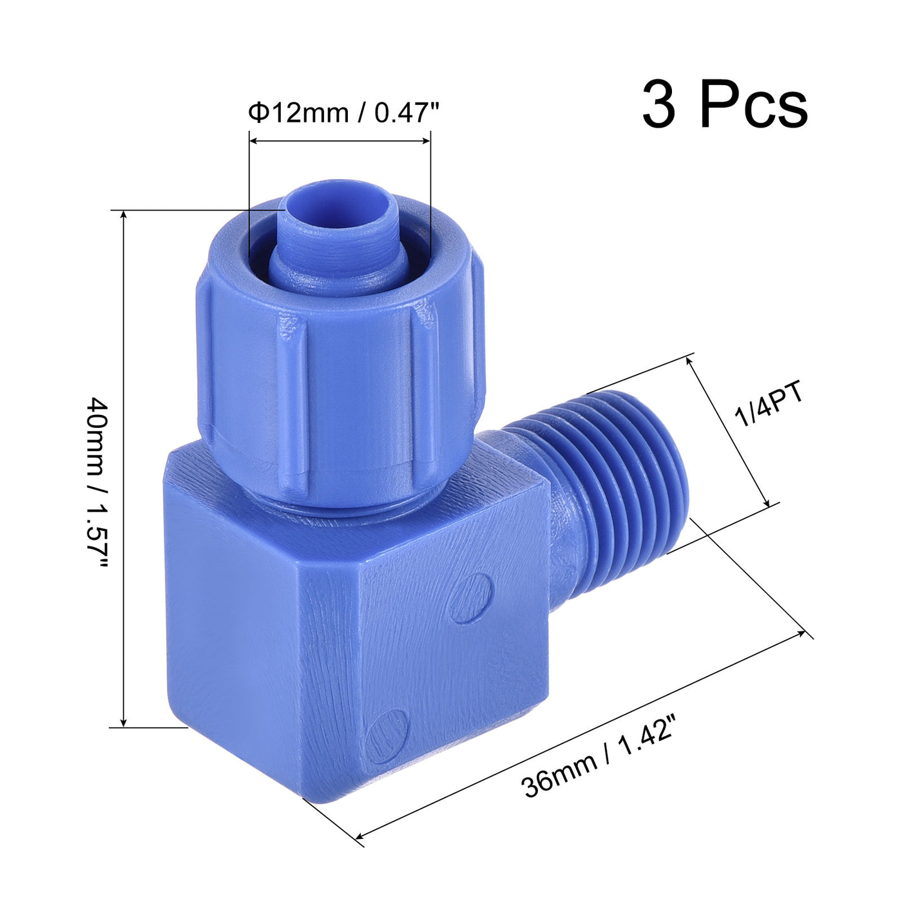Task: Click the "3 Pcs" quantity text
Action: (x=724, y=105)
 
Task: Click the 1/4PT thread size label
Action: (x=771, y=406)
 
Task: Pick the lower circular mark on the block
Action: (x=387, y=736)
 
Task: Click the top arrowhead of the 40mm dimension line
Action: (x=124, y=215)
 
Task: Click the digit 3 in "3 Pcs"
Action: (x=659, y=105)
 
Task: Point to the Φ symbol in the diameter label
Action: (x=258, y=113)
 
